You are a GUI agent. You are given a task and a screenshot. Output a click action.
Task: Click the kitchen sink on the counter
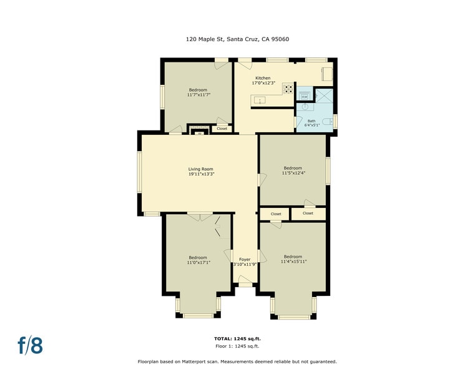(x=259, y=100)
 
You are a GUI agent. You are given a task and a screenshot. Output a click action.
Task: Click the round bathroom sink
(x=305, y=107)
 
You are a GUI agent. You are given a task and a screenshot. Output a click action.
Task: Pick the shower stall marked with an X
(x=324, y=95)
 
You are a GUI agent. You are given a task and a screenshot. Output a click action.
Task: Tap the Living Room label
(x=201, y=169)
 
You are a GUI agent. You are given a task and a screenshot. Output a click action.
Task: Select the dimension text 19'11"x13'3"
(x=201, y=174)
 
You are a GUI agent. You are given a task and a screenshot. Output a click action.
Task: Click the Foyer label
(x=245, y=259)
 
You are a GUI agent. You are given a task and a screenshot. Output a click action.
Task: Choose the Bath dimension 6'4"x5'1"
(x=311, y=126)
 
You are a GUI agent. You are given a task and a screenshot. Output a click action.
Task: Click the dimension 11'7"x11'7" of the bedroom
(x=198, y=95)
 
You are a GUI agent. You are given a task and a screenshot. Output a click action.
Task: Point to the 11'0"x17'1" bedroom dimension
(x=198, y=263)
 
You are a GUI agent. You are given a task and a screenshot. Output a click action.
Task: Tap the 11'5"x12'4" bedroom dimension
(x=293, y=173)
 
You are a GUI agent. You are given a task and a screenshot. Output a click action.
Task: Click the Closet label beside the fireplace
(x=222, y=129)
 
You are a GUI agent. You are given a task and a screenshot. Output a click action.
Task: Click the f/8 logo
(x=30, y=345)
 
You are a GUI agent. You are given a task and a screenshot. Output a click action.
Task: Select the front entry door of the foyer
(x=245, y=285)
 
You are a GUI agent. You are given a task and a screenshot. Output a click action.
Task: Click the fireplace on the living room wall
(x=199, y=132)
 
